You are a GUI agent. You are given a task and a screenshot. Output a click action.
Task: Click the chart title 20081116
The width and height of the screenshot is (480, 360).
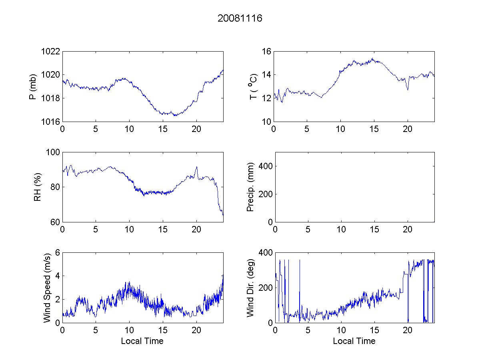[x=240, y=18]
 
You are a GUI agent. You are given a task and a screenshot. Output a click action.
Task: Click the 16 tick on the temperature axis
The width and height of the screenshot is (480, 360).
[x=267, y=51]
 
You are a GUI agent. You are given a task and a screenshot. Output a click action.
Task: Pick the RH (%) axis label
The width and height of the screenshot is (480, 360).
[x=38, y=187]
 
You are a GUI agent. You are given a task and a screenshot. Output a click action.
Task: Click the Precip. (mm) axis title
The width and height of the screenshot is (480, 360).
[x=251, y=187]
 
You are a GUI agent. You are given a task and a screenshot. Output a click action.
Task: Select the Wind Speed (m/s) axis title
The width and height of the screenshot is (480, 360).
[x=47, y=287]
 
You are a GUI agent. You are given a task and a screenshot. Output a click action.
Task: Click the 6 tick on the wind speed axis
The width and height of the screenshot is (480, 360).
[x=58, y=252]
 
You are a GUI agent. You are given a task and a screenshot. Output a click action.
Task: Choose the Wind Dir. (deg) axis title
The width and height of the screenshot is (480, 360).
[x=251, y=287]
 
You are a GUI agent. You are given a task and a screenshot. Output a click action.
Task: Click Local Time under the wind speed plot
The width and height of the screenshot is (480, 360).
[x=142, y=341]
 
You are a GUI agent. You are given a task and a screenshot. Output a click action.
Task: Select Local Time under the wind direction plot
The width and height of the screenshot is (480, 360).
[x=354, y=341]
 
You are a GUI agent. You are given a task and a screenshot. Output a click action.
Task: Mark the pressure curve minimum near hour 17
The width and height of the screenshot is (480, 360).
[x=175, y=116]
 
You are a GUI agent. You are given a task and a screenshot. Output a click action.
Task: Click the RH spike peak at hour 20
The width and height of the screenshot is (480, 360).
[x=196, y=167]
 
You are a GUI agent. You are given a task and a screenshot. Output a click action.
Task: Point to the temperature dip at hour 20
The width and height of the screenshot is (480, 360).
[x=408, y=90]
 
